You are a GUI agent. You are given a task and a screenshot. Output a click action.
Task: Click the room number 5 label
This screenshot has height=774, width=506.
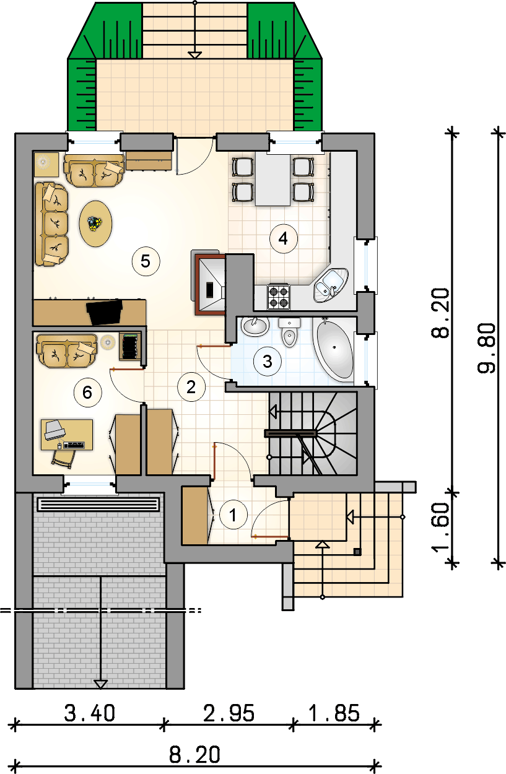coord(146,261)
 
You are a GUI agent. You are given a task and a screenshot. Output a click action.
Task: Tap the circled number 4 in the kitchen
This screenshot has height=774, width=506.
coord(284,238)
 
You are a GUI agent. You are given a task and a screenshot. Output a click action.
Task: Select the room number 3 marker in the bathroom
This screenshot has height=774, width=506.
coord(267,362)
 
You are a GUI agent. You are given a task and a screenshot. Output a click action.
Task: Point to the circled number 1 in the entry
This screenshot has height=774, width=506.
coord(233,515)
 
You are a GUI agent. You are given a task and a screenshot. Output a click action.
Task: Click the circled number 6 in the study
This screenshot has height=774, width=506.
coord(88,392)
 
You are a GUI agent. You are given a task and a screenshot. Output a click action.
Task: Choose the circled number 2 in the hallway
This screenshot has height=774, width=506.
coord(191,387)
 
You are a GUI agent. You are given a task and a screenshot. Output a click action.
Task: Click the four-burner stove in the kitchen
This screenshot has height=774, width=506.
coord(279,297)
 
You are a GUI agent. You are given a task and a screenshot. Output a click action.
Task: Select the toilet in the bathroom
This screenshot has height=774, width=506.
coord(289,333)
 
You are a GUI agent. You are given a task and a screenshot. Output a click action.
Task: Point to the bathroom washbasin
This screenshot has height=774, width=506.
coord(255,326)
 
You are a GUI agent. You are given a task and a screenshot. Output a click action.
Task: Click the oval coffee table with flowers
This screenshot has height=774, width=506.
coord(96,224)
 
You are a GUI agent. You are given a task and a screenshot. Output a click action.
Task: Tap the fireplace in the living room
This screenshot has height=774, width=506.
coord(209,284)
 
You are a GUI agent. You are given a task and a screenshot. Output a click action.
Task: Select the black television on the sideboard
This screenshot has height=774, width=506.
coord(105,312)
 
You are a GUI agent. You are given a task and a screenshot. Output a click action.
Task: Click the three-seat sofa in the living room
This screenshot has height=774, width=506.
coord(51,225)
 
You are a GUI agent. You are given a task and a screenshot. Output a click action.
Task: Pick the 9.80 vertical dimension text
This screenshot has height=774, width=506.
coord(487,348)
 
